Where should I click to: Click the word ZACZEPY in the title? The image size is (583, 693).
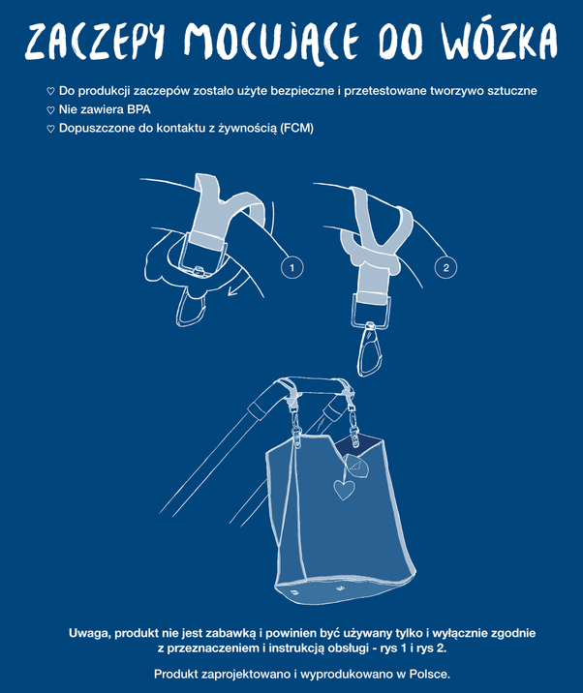click(x=95, y=41)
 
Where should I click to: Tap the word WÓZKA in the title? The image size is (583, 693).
click(x=500, y=41)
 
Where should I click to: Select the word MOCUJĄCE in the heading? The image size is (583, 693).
click(x=271, y=42)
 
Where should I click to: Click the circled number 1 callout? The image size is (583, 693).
click(x=291, y=267)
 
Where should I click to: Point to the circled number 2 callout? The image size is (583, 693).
click(x=445, y=267)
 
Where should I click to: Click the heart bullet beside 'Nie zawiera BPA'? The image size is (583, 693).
click(x=50, y=110)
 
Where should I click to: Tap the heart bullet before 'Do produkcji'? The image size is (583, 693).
click(x=50, y=91)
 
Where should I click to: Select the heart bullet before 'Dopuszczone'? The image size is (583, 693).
click(x=50, y=129)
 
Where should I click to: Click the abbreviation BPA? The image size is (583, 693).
click(x=138, y=109)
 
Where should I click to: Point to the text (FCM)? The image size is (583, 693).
click(x=296, y=128)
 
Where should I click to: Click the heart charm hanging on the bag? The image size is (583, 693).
click(x=344, y=490)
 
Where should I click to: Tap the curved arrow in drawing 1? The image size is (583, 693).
click(x=237, y=282)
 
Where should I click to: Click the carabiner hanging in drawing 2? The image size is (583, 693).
click(x=368, y=350)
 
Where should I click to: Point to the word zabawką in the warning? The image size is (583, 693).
click(x=237, y=633)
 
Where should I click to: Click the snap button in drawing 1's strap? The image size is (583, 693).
click(x=199, y=269)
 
